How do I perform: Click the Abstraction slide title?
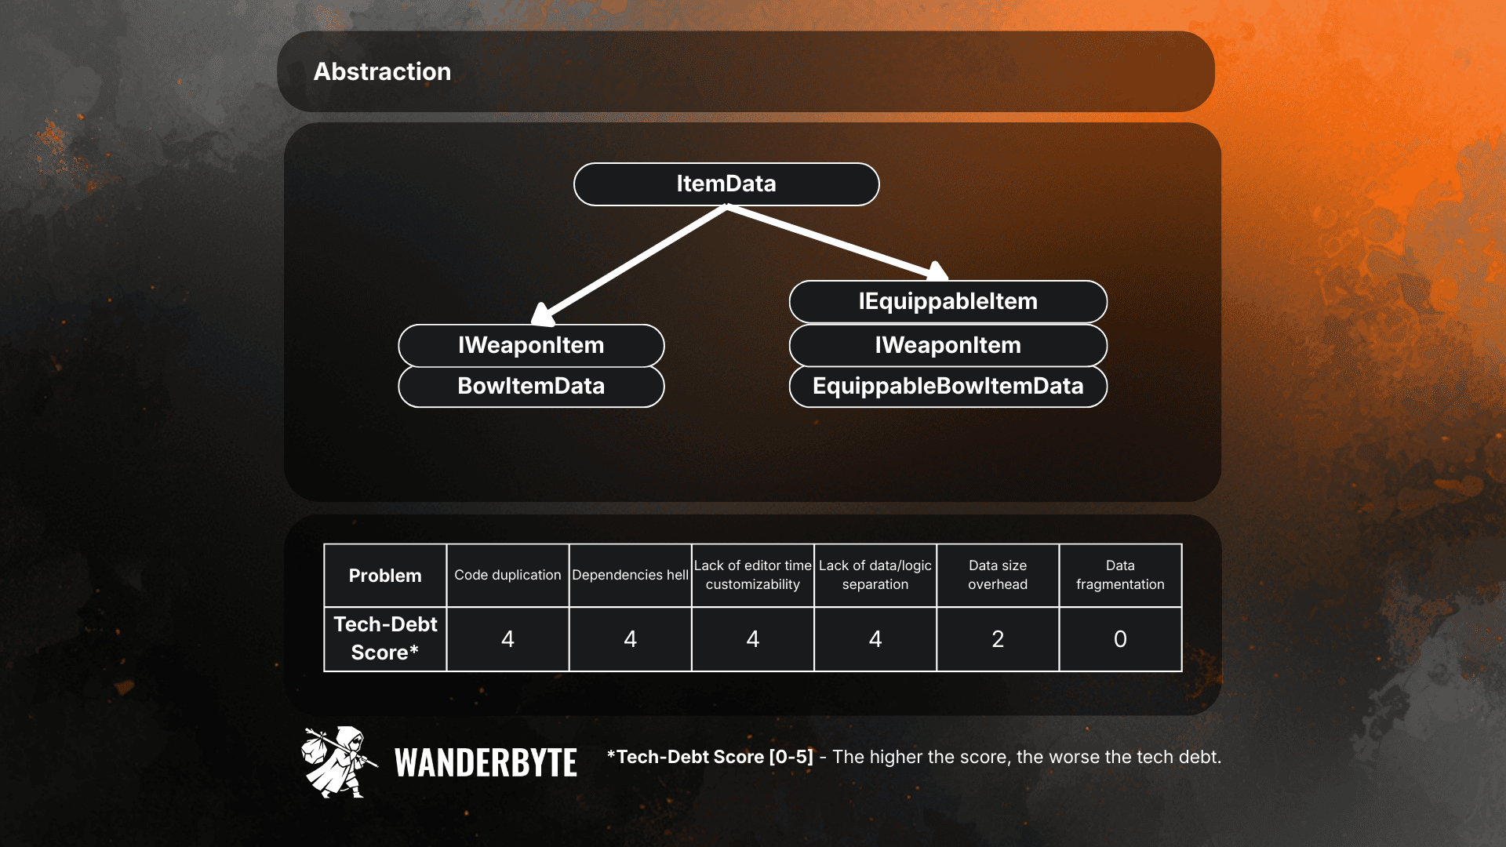382,71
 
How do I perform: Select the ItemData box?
726,184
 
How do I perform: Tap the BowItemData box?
531,387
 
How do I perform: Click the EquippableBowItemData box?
948,387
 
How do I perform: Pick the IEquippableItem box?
948,302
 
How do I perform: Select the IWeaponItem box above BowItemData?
531,346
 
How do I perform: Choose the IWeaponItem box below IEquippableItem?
948,346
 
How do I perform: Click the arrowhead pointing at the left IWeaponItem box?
542,314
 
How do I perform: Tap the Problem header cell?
385,576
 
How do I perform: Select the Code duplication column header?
507,576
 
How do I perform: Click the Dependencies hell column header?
630,576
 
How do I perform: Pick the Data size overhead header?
998,576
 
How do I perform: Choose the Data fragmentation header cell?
1120,576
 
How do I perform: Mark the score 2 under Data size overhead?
998,639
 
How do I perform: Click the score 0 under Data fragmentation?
1120,639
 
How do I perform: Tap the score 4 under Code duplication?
507,639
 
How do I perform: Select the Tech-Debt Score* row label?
385,639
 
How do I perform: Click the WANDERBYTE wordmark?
486,762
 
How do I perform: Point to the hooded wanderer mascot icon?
338,762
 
